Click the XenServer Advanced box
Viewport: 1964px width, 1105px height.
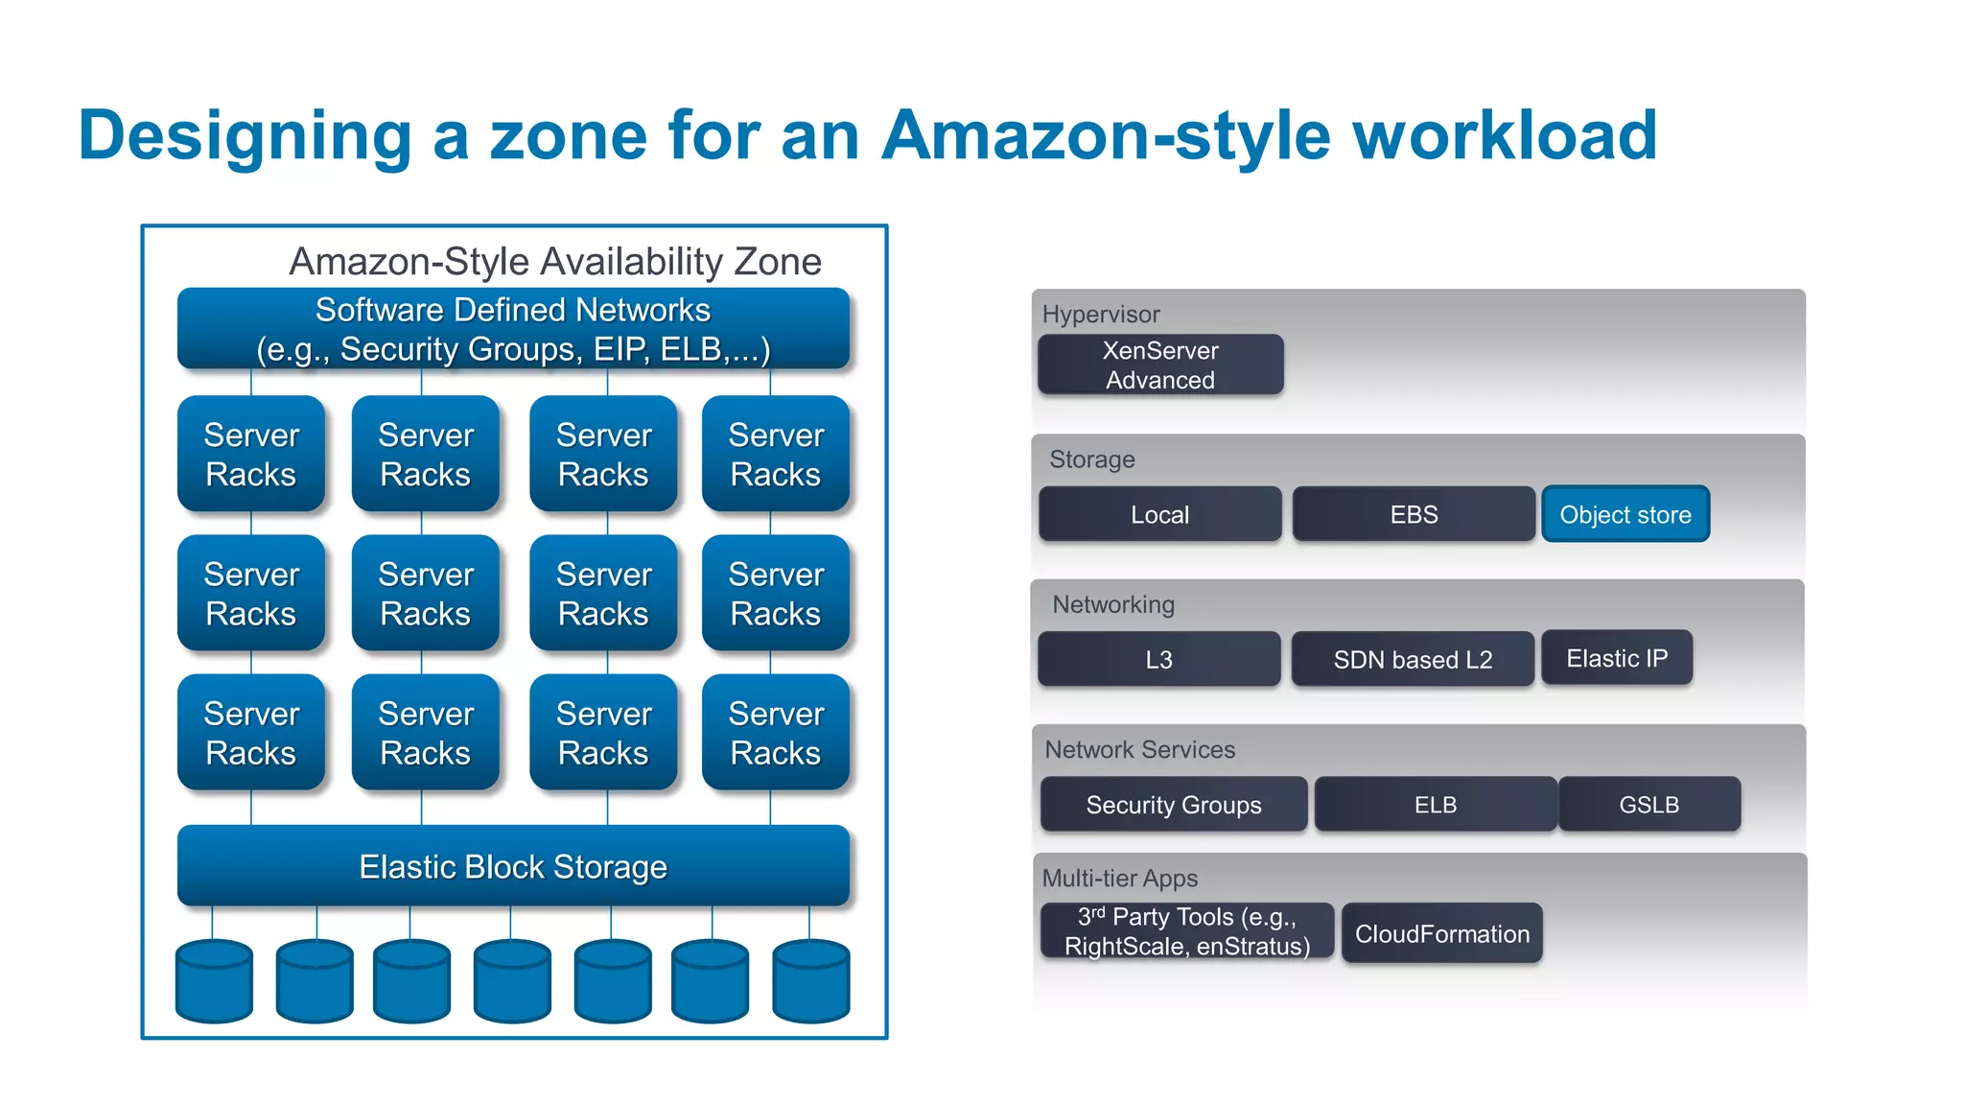coord(1160,364)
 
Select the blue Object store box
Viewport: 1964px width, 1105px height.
coord(1625,514)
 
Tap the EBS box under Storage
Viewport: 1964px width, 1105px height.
coord(1414,514)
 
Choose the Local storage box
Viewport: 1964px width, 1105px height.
coord(1159,514)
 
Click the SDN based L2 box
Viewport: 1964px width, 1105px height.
coord(1413,659)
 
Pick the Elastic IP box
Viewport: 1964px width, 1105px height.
coord(1617,658)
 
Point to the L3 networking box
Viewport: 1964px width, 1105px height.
coord(1158,659)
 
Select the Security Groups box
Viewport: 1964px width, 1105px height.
coord(1174,804)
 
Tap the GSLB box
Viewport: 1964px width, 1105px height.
coord(1648,804)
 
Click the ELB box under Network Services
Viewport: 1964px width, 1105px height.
coord(1435,804)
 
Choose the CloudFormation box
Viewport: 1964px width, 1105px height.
coord(1441,933)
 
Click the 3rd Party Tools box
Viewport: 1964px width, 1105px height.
coord(1187,931)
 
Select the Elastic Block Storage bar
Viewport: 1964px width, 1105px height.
coord(513,866)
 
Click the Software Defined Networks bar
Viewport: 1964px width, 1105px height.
coord(513,329)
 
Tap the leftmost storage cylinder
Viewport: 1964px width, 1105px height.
coord(215,981)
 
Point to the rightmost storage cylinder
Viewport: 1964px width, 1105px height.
coord(811,981)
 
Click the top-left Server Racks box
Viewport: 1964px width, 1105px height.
coord(251,454)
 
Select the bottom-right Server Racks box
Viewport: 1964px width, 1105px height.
coord(776,733)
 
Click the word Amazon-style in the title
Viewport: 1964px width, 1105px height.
coord(1106,135)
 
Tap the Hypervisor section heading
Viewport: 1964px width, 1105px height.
coord(1101,314)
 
